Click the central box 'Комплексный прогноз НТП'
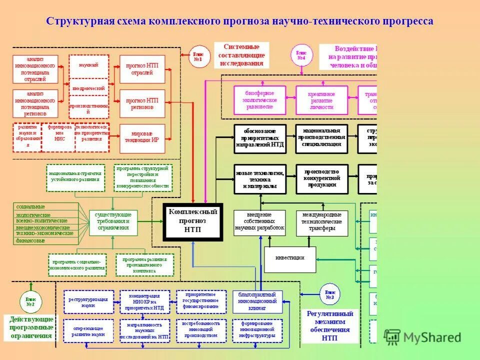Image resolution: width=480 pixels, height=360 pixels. [x=193, y=221]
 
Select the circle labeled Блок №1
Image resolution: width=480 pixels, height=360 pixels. [x=198, y=57]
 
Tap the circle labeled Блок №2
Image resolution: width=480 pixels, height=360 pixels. [x=30, y=301]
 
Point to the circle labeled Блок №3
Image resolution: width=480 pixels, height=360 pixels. [x=329, y=294]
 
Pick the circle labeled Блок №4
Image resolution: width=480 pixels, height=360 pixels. [x=301, y=54]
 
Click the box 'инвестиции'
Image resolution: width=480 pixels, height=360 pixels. [x=290, y=259]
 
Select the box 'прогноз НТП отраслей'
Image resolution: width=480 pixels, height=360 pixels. [x=142, y=68]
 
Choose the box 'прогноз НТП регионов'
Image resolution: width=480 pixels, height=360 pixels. [x=142, y=103]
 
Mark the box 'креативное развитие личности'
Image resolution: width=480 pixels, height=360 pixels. [x=321, y=100]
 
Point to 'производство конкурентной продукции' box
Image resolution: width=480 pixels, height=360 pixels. [x=321, y=178]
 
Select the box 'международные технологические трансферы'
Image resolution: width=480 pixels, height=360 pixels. [x=322, y=223]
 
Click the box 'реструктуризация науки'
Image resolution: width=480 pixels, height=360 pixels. [x=88, y=301]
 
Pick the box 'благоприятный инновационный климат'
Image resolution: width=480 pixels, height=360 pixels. [x=257, y=301]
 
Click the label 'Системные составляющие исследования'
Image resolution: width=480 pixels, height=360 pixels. [x=241, y=55]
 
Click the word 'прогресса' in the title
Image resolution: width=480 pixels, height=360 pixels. [x=408, y=21]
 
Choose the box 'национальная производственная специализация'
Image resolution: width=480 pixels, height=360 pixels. [x=321, y=138]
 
